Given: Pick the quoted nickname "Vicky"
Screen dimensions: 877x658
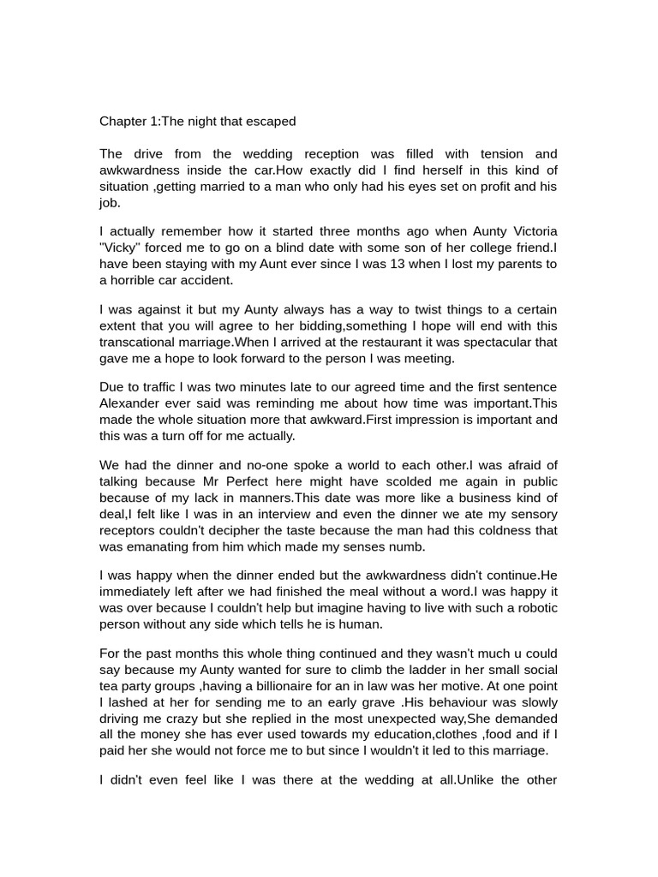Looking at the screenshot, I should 123,248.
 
